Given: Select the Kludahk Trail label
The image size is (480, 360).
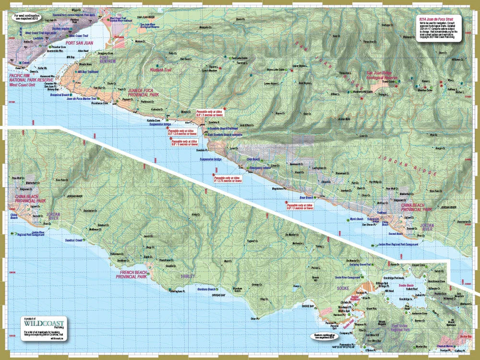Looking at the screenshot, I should [x=161, y=70].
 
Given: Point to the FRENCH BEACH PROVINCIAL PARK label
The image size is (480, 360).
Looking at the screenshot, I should [x=131, y=275].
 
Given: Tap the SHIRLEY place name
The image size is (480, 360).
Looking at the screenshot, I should [x=188, y=276].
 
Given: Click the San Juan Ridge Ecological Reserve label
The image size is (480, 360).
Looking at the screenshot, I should [x=379, y=75].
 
